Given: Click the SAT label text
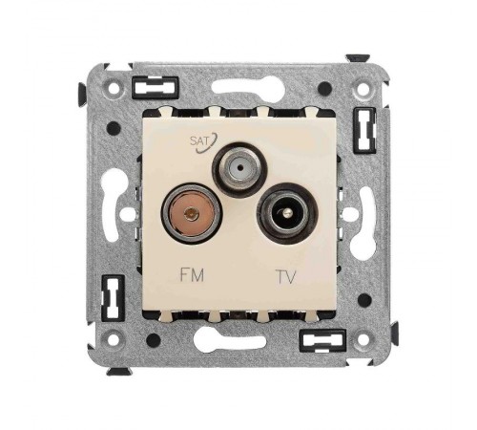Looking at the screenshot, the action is [x=198, y=140].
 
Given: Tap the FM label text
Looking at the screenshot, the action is [x=192, y=275].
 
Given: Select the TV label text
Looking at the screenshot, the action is [x=286, y=276].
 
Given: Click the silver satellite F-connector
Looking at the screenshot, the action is [x=240, y=167].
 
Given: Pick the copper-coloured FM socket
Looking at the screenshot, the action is [x=192, y=212].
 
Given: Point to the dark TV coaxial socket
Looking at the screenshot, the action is [x=289, y=213].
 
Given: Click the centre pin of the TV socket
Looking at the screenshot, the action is [x=288, y=212].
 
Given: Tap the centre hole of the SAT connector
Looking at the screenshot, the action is [x=241, y=166].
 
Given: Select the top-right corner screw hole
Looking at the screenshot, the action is [x=363, y=89].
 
